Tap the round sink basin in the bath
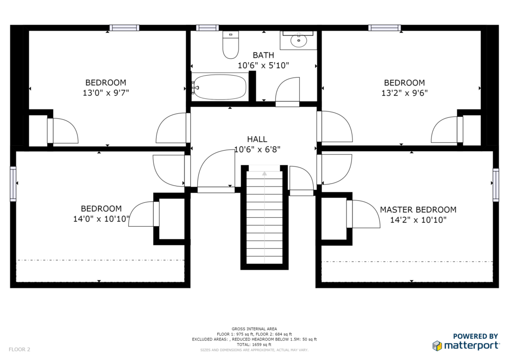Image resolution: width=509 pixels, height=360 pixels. point(299,41)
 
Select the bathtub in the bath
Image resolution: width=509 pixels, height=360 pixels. point(219,87)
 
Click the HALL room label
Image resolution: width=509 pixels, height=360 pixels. point(257,139)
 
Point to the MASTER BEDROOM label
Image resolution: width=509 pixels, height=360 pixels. point(418,210)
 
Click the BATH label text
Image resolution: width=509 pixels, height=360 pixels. point(263,55)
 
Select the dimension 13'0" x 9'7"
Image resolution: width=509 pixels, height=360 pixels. point(106,93)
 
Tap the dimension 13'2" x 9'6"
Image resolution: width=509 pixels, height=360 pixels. point(405,93)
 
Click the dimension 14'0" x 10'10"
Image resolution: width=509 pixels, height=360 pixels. point(101,219)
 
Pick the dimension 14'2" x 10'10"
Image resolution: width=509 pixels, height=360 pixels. point(418,220)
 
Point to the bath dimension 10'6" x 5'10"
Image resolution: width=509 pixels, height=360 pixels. point(263,66)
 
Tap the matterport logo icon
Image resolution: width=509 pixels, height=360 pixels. point(437,346)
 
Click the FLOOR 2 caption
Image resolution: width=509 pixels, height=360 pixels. point(19,350)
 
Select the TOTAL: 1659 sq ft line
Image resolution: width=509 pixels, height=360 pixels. point(254,345)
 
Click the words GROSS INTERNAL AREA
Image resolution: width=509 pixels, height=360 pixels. point(254,329)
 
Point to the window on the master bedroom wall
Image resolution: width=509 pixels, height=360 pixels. point(496,184)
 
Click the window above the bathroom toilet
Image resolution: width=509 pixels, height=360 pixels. point(207,28)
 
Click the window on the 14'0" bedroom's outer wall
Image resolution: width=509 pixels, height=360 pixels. point(13,184)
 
